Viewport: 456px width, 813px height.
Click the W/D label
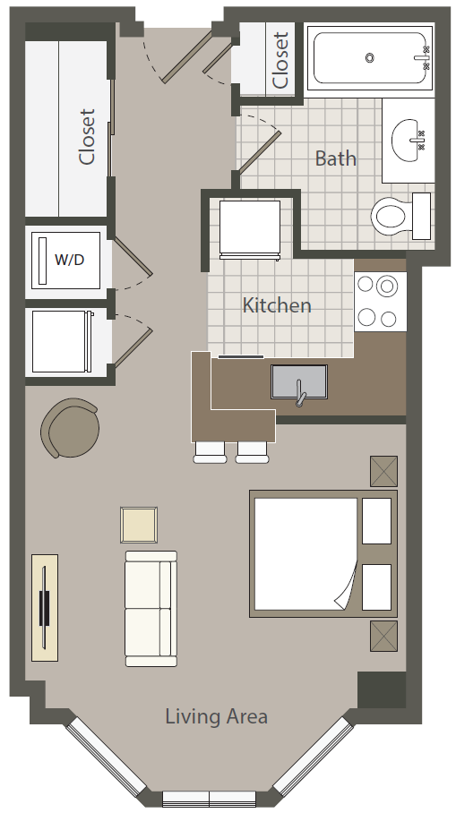[69, 260]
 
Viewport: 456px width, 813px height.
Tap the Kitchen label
[277, 304]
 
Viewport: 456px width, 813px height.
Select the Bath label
[336, 158]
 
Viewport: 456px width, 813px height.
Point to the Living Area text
[216, 716]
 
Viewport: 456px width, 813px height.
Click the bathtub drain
[370, 57]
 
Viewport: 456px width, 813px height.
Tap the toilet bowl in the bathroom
[389, 216]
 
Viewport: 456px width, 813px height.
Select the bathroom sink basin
[409, 140]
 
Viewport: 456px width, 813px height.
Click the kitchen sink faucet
[300, 393]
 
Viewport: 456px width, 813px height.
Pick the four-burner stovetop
[381, 302]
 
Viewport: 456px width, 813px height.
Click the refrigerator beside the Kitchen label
[250, 230]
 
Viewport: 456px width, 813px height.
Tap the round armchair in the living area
[71, 428]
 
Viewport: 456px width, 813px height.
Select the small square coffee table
[139, 525]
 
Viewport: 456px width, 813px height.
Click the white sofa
[151, 608]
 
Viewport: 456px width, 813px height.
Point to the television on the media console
[44, 607]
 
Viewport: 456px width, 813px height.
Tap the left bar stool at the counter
[210, 452]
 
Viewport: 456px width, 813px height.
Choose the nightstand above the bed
[383, 471]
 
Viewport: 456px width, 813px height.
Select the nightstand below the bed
[383, 637]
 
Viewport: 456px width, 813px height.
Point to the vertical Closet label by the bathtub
[280, 61]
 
